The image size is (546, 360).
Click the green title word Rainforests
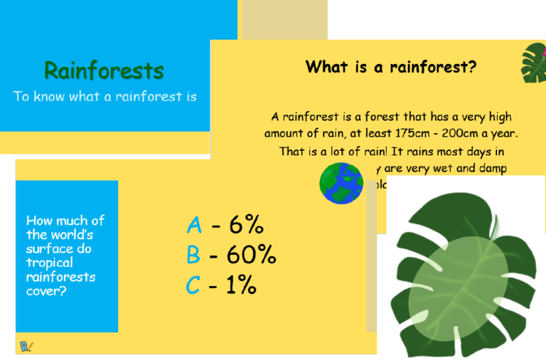point(104,70)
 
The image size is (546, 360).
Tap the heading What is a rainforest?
point(390,67)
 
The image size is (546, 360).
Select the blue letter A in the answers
point(194,225)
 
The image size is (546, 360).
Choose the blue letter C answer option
point(193,285)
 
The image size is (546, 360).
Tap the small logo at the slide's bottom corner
point(28,346)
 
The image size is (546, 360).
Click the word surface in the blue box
point(49,249)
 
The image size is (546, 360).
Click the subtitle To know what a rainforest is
point(105,97)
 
